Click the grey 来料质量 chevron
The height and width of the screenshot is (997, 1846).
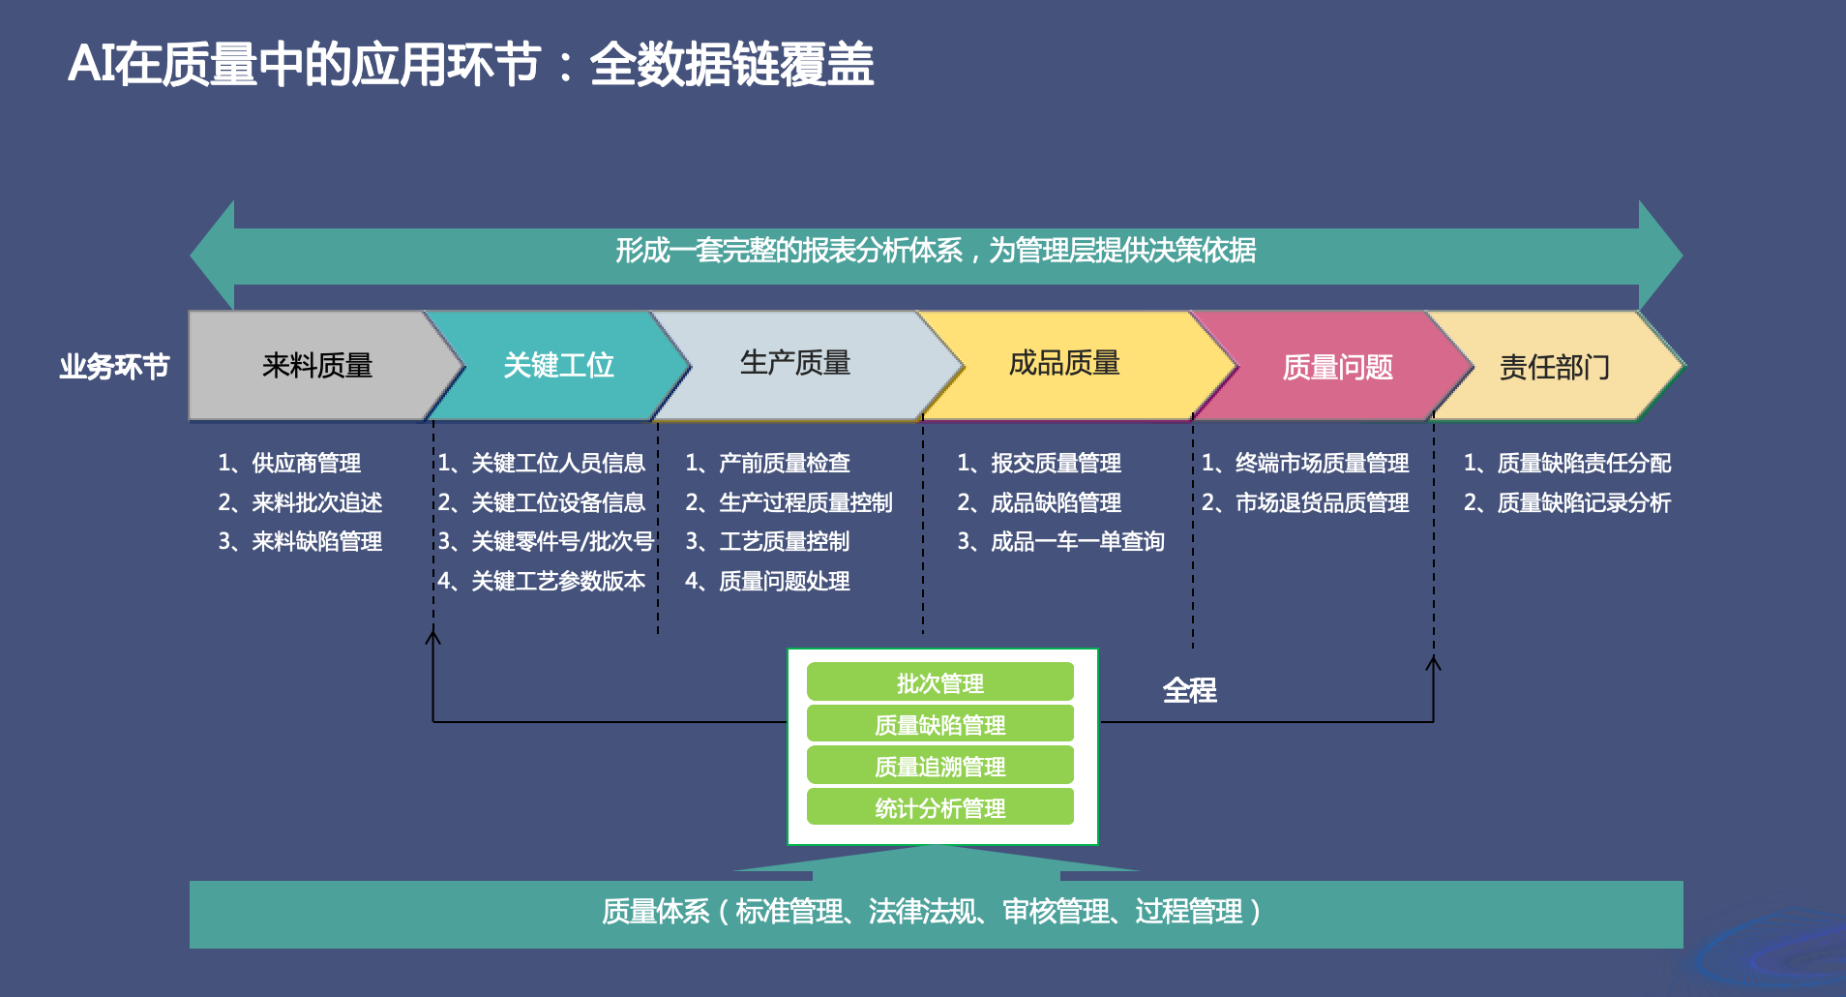(317, 366)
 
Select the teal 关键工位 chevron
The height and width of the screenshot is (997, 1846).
(559, 366)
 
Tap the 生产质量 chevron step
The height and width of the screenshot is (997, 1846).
(795, 364)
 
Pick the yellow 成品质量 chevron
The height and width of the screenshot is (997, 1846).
(1064, 364)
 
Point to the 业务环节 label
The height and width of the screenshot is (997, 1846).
(114, 367)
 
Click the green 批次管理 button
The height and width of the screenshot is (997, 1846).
(940, 682)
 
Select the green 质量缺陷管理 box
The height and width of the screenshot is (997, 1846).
(940, 724)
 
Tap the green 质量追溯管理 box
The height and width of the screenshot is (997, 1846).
(940, 766)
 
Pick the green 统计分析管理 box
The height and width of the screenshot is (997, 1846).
(940, 807)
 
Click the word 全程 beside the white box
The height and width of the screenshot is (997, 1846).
(1190, 690)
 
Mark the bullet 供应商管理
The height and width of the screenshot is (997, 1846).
(306, 463)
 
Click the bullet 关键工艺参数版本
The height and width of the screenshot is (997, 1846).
(558, 581)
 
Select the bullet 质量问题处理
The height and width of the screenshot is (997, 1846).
(785, 581)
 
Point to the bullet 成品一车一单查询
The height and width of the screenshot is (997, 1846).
(1078, 541)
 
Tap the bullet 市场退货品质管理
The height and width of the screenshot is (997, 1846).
(1323, 502)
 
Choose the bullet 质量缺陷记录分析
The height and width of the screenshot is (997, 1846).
(1584, 502)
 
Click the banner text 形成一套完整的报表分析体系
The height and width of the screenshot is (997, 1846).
(789, 251)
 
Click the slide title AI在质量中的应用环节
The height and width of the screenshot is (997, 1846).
(304, 65)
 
